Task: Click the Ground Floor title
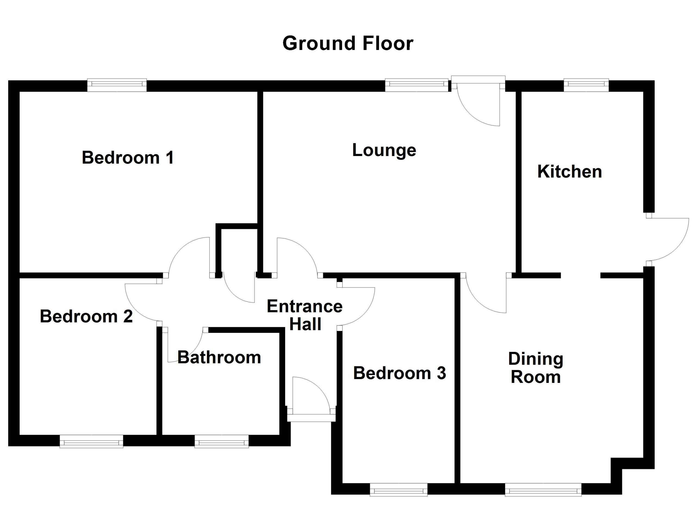click(x=348, y=43)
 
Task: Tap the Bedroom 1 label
click(x=128, y=158)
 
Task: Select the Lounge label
click(x=384, y=150)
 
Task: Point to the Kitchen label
click(x=569, y=171)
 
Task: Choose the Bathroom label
click(x=219, y=357)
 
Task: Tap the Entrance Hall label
click(x=305, y=315)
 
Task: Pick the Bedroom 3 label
click(x=400, y=373)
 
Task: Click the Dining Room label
click(x=536, y=368)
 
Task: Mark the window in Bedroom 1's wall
click(x=117, y=85)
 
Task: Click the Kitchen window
click(x=586, y=85)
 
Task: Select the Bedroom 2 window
click(x=91, y=441)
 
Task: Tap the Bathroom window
click(x=222, y=441)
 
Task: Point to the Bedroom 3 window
click(x=399, y=489)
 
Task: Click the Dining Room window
click(x=543, y=489)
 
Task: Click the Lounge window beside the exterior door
click(x=417, y=85)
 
